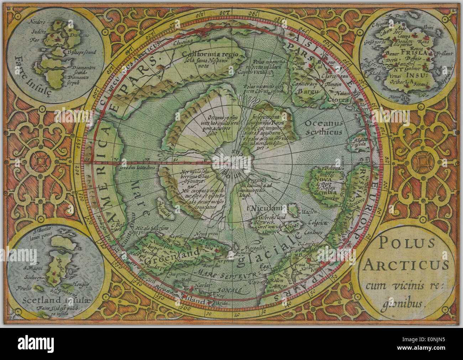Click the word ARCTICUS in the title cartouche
tap(406, 265)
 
